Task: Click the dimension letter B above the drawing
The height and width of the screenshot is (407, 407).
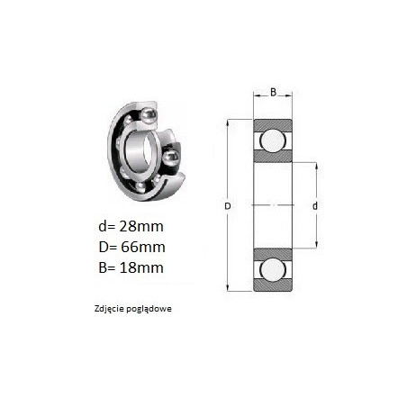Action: pos(273,92)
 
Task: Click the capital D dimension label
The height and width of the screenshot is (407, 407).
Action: pos(228,206)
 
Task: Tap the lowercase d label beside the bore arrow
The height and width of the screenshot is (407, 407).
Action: pos(315,206)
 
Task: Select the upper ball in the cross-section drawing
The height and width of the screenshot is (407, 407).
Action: pos(273,140)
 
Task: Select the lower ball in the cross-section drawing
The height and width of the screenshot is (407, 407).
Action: pos(273,270)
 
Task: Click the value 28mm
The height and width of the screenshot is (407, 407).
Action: pos(141,226)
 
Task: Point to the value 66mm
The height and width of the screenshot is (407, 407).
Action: pos(143,247)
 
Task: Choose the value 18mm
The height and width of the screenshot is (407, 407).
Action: pos(141,267)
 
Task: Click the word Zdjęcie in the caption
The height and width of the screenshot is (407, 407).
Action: pos(109,309)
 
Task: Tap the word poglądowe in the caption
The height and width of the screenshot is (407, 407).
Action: pos(149,309)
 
